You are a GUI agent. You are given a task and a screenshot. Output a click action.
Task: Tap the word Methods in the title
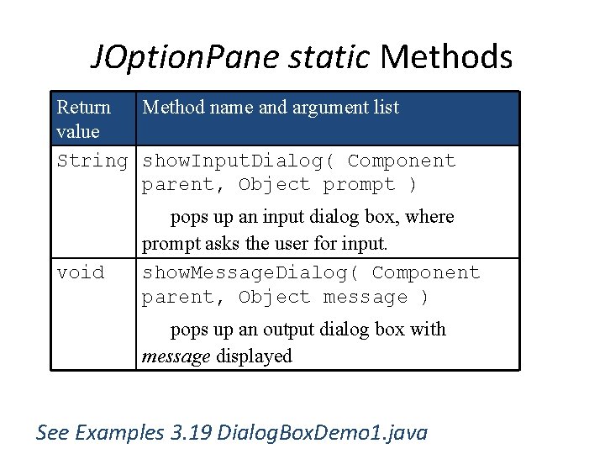pos(446,57)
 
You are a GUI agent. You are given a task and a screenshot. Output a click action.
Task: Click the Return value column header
pos(83,119)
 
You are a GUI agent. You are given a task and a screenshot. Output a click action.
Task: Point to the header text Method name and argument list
pos(271,107)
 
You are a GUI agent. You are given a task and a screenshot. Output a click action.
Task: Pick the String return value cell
pos(92,161)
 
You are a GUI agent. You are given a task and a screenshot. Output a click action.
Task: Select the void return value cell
pos(81,272)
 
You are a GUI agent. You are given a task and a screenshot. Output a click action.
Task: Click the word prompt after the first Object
pos(359,184)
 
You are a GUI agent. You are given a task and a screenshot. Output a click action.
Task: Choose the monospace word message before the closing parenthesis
pos(365,297)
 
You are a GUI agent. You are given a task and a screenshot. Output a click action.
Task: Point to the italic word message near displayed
pos(176,356)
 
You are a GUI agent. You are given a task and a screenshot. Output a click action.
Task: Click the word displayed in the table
pos(255,356)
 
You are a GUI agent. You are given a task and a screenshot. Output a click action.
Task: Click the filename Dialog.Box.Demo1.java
pos(323,433)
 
